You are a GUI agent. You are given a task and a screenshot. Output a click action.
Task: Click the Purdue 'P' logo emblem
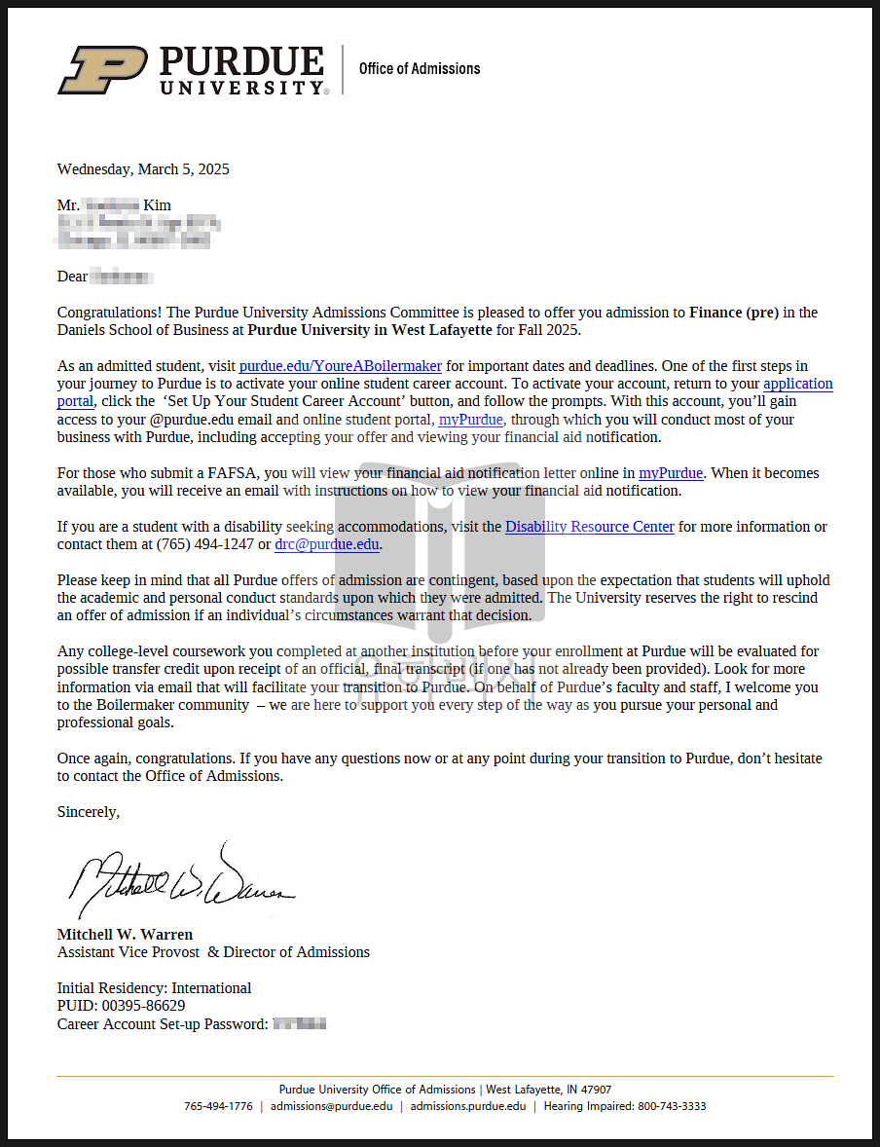103,69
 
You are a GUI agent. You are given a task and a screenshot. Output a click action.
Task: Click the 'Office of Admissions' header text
420,68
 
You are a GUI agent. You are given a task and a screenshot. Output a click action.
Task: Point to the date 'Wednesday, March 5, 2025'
143,169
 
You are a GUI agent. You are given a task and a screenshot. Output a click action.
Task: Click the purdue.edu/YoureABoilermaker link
340,366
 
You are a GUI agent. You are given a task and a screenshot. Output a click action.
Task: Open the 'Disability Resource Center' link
589,527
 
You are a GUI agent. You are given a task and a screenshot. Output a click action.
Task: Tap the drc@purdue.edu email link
327,544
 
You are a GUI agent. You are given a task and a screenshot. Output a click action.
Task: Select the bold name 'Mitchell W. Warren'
125,935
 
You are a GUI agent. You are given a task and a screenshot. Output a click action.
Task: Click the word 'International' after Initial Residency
211,988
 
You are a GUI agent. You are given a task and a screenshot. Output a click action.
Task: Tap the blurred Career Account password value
299,1023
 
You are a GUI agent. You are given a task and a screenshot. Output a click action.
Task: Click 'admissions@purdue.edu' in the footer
332,1106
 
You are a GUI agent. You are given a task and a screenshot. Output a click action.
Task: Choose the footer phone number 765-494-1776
218,1106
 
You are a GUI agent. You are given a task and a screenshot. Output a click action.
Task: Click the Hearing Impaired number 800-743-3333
672,1106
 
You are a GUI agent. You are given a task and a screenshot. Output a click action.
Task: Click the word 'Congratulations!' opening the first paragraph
110,313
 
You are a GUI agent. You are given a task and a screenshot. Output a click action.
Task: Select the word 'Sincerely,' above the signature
89,811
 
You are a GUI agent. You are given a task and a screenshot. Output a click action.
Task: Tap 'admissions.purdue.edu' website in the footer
467,1106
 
